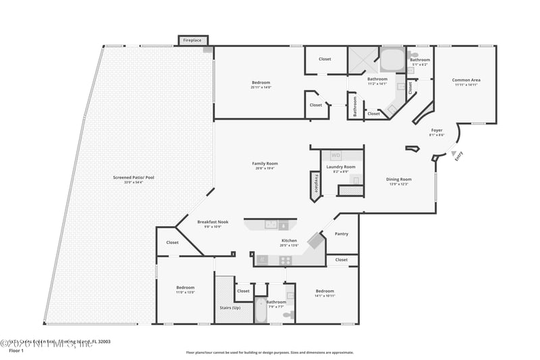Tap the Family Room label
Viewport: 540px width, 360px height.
[265, 163]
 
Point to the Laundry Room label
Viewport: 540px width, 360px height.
[340, 167]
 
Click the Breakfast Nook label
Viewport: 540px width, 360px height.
[213, 222]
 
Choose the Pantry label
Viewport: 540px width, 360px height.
[342, 234]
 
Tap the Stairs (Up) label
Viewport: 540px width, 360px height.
[230, 307]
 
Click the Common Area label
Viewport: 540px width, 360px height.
[466, 80]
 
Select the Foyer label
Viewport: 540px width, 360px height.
[437, 130]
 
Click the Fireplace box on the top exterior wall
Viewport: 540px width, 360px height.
[192, 41]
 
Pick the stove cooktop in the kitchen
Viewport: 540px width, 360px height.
[286, 260]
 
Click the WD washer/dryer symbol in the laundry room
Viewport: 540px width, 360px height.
[335, 156]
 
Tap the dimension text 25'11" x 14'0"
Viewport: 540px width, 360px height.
[260, 87]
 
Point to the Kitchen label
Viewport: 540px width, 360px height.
[290, 240]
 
